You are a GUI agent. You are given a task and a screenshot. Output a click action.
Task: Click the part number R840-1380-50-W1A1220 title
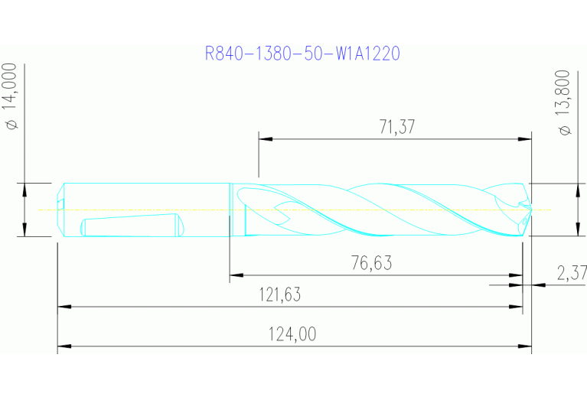coord(303,54)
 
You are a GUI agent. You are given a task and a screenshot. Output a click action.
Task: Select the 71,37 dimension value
coord(396,128)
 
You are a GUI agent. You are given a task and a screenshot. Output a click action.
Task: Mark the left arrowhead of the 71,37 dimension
coord(265,139)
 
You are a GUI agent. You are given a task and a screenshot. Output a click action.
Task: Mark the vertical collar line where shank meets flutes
coord(230,210)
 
